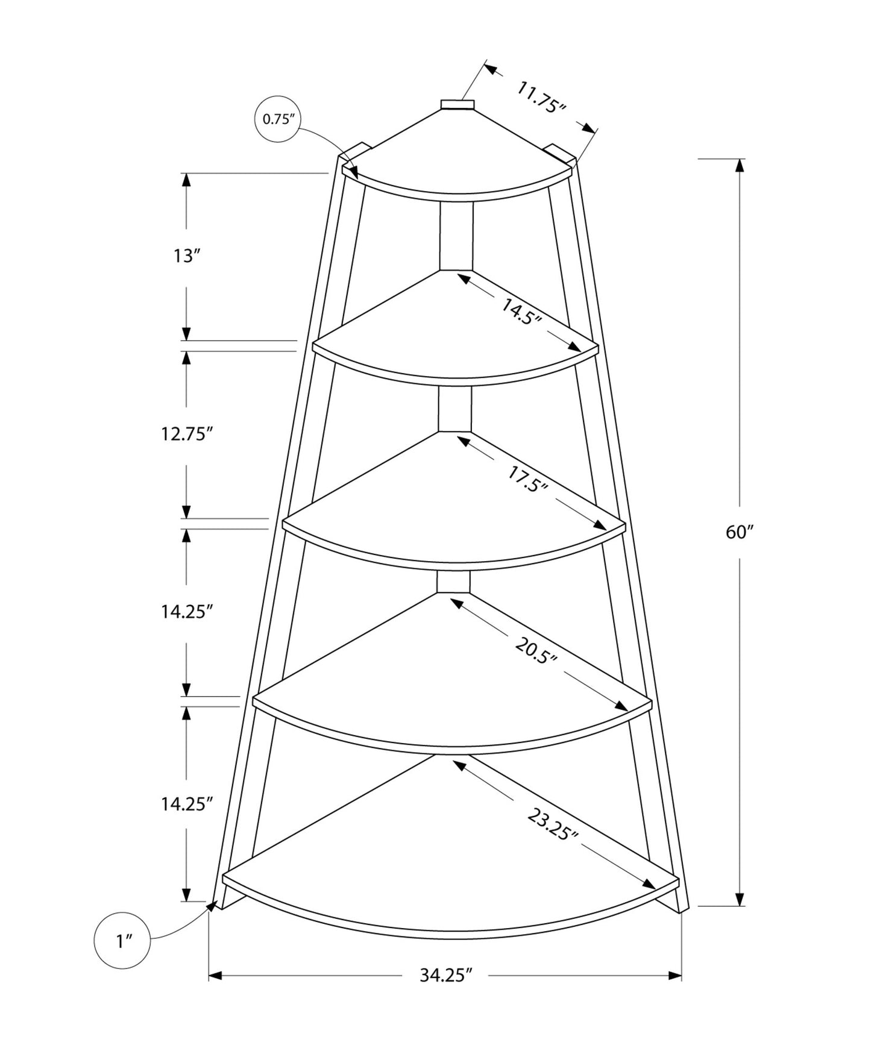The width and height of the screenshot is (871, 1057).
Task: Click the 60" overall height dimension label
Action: point(740,532)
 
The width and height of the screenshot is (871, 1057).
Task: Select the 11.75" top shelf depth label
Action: point(541,98)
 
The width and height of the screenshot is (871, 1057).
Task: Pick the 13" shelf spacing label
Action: point(186,256)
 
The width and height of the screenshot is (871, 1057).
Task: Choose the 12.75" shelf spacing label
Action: point(187,433)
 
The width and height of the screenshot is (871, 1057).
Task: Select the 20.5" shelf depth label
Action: point(535,650)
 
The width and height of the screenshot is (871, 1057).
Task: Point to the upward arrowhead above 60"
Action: point(740,165)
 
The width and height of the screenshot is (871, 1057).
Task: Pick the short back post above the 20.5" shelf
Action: point(453,582)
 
